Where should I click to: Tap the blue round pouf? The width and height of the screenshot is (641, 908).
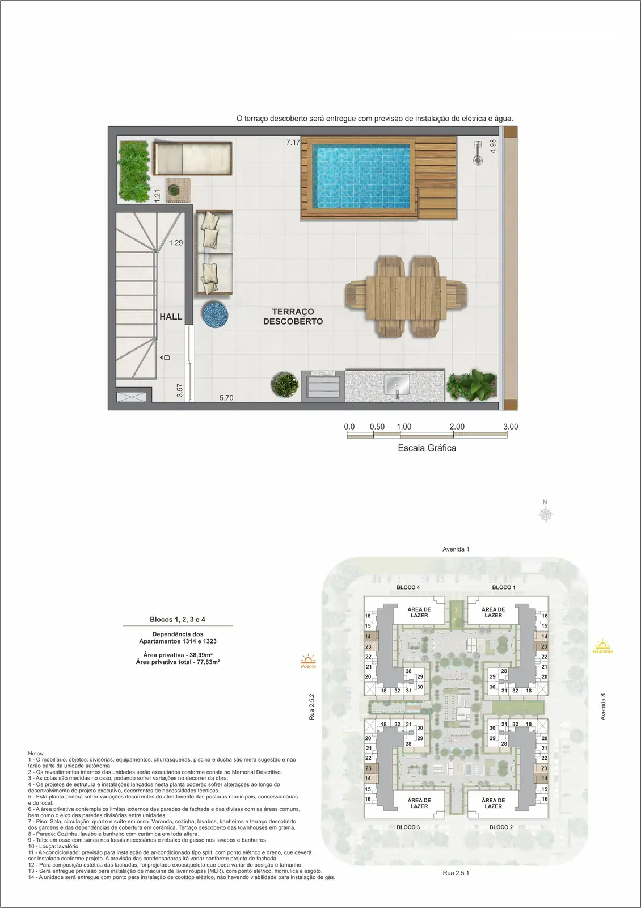tap(215, 314)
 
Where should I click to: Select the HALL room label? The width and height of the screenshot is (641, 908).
tap(171, 317)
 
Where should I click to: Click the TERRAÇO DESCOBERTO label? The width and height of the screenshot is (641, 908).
tap(293, 317)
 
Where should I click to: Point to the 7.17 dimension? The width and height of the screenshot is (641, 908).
tap(293, 142)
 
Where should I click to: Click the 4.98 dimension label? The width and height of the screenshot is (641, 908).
tap(493, 146)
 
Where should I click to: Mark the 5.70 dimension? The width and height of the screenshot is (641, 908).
tap(226, 398)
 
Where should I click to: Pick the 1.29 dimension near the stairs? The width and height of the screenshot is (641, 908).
tap(176, 243)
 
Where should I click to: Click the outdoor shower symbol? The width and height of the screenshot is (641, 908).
tap(478, 153)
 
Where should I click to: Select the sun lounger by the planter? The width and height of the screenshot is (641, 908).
tap(192, 158)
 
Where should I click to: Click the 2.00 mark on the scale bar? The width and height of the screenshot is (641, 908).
tap(457, 427)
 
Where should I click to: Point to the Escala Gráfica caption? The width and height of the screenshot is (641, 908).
tap(427, 448)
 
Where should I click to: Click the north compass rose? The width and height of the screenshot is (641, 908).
tap(545, 514)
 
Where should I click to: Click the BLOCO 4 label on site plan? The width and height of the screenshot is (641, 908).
tap(408, 587)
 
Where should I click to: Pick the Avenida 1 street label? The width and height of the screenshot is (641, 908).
tap(456, 549)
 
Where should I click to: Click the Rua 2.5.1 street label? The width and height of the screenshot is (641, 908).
tap(456, 873)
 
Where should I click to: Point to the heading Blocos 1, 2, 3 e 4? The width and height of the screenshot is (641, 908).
tap(178, 619)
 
